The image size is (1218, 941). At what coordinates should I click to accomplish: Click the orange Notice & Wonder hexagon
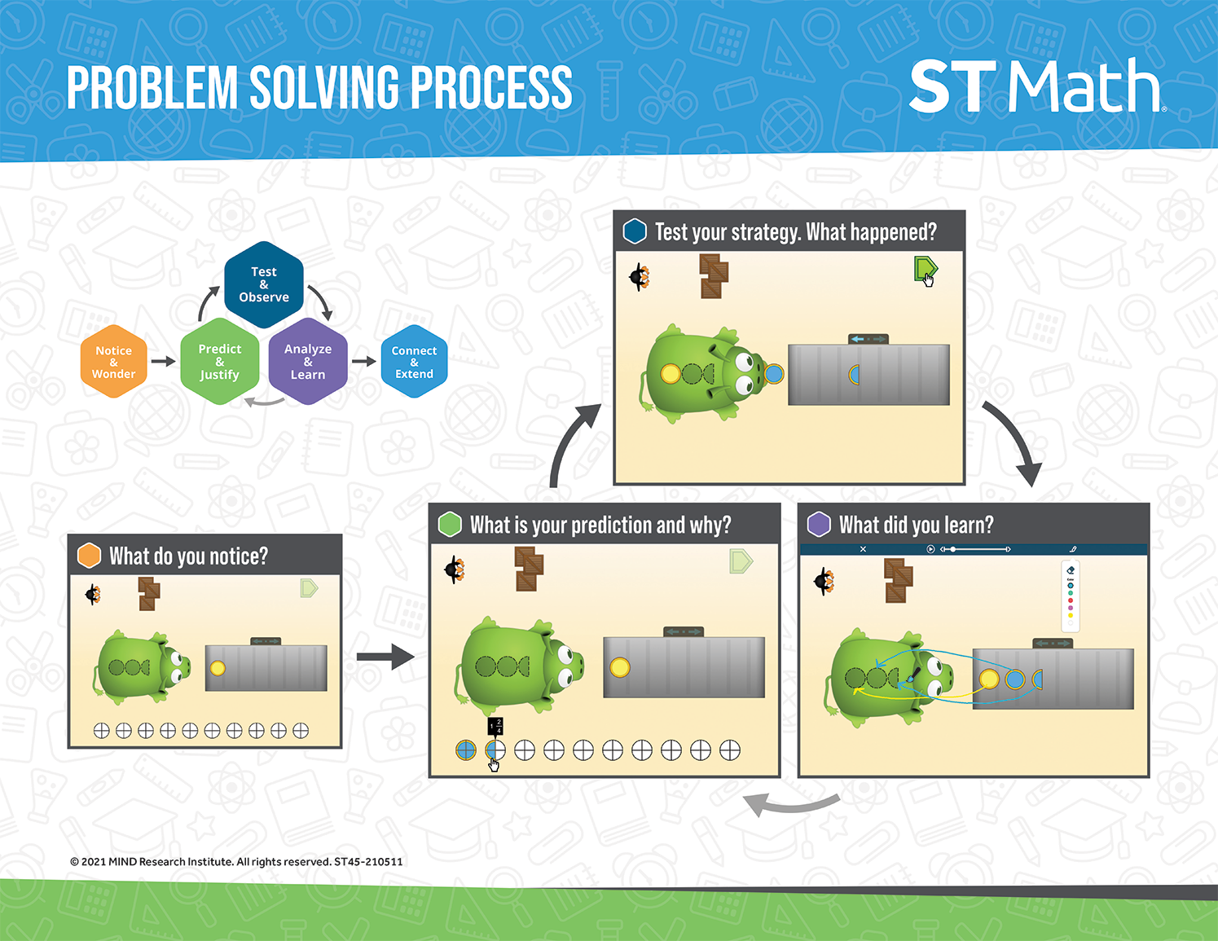tap(114, 362)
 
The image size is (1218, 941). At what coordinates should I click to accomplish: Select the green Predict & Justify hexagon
tap(220, 362)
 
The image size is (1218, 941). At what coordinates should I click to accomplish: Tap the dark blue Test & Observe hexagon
tap(263, 284)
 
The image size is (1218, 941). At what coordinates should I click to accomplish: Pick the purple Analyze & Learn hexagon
tap(308, 362)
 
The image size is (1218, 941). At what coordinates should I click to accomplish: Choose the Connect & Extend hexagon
tap(414, 362)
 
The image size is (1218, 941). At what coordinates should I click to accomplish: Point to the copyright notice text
tap(236, 861)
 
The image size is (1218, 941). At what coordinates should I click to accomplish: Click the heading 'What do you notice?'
tap(188, 556)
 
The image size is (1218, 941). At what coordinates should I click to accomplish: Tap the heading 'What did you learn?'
tap(916, 525)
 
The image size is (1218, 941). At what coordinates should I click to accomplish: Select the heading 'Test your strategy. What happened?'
tap(796, 231)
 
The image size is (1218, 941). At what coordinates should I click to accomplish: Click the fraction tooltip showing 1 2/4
tap(495, 727)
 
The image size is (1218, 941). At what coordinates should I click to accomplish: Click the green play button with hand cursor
tap(925, 270)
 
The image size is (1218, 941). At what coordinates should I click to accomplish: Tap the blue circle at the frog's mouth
tap(774, 374)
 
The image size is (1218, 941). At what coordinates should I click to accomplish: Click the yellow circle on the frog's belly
tap(671, 373)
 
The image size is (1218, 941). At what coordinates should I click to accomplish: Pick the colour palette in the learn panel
tap(1071, 596)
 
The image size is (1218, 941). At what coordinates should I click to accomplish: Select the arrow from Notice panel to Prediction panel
tap(385, 657)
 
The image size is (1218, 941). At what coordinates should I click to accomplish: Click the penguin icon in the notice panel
tap(93, 594)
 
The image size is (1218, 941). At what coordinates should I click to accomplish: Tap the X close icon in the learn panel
tap(864, 549)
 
